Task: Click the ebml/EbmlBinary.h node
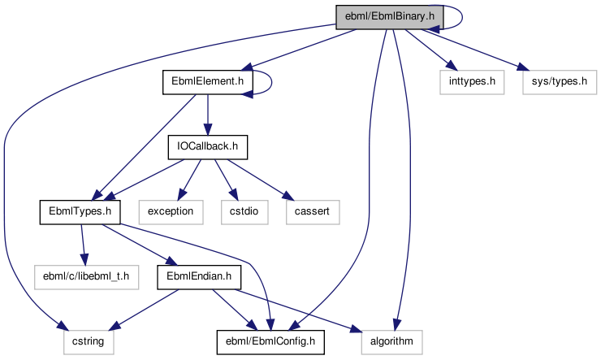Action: coord(389,15)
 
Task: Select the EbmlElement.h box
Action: coord(208,81)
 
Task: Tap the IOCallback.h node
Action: coord(207,147)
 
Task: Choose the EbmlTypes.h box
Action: coord(80,212)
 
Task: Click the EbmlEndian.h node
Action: coord(199,277)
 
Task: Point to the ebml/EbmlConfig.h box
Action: coord(270,342)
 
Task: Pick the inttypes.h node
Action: coord(472,81)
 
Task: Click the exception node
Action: coord(170,212)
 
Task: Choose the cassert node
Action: coord(312,212)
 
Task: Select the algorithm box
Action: coord(392,342)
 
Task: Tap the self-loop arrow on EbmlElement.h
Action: coord(271,81)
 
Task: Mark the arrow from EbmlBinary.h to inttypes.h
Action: coord(427,50)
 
